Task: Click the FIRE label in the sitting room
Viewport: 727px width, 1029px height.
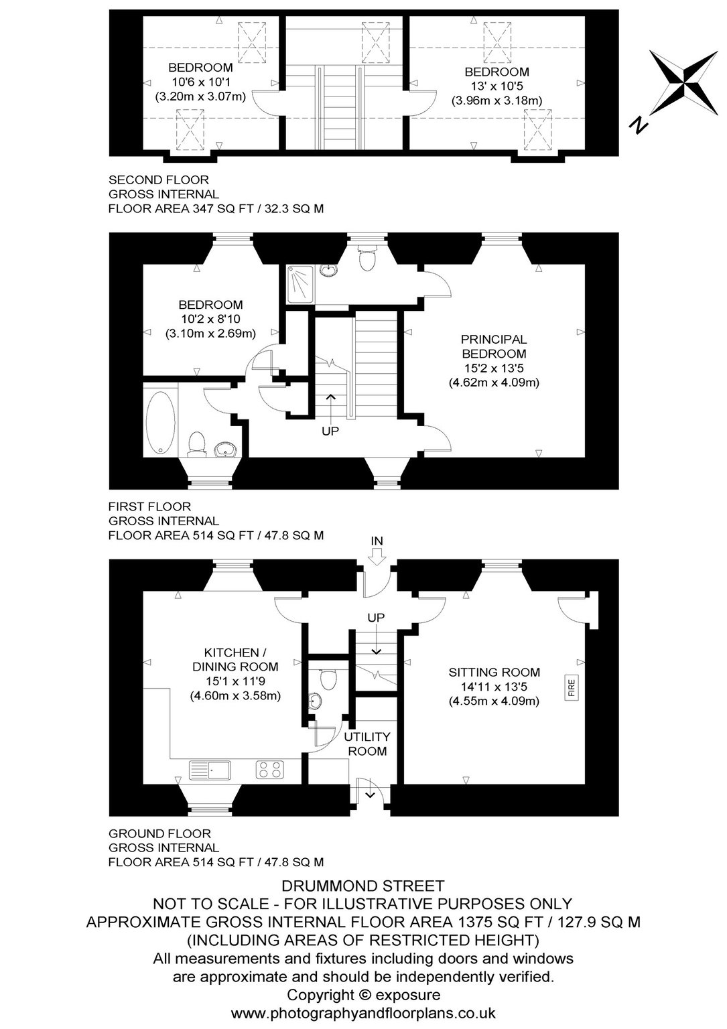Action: point(571,688)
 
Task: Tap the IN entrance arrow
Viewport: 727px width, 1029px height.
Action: point(377,558)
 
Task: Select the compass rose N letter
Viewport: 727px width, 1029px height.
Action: point(639,125)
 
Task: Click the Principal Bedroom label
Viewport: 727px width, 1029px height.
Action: point(494,346)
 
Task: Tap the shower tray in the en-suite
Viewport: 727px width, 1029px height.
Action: point(301,284)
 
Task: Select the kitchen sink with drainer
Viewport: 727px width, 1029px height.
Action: point(210,770)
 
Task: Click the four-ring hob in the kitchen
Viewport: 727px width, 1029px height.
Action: point(270,770)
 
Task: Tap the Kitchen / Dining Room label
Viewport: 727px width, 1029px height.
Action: point(235,659)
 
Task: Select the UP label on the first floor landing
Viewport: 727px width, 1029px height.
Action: point(330,431)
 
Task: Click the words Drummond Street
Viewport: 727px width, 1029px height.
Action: point(363,885)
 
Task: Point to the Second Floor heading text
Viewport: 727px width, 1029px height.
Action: point(159,180)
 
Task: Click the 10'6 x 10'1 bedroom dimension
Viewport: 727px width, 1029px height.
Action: point(201,82)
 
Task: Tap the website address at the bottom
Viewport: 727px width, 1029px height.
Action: point(363,1013)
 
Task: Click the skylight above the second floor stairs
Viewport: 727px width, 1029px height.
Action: point(376,42)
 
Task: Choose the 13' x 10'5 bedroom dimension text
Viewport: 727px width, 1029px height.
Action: point(497,86)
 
